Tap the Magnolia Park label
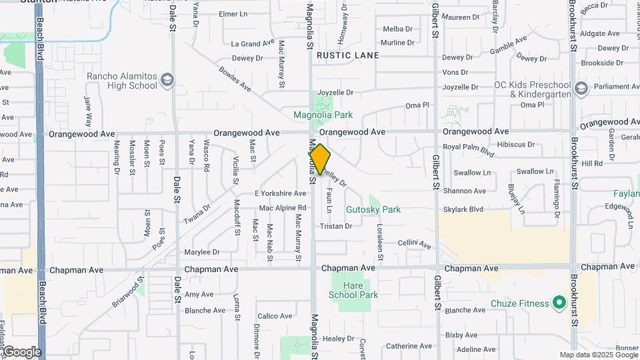coord(323,115)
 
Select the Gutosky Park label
coord(373,209)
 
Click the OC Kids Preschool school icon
coord(581,89)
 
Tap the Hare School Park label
coord(355,290)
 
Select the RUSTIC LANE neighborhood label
coord(347,55)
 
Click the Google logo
coord(21,351)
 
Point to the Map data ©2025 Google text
coord(598,355)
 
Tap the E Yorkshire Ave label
coord(280,193)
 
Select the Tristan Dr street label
coord(335,227)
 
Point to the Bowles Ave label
coord(235,78)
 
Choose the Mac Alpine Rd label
coord(283,208)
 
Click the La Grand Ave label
coord(253,43)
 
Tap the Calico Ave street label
coord(275,316)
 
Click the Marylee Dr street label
coord(202,252)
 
